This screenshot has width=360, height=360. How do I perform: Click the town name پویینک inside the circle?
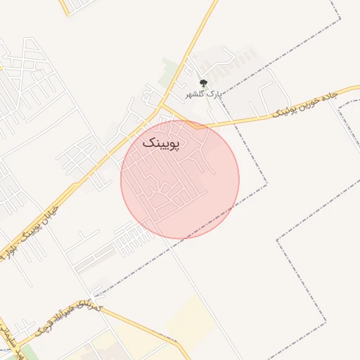point(161,143)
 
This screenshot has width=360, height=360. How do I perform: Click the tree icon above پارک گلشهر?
point(203,83)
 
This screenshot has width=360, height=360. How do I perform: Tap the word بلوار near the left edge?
point(11,249)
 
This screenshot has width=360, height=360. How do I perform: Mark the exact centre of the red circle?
point(180,179)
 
